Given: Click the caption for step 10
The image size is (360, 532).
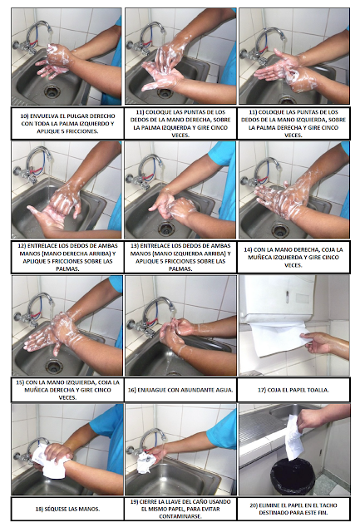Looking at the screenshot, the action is click(x=67, y=124).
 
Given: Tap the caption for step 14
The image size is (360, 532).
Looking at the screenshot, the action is click(x=293, y=258).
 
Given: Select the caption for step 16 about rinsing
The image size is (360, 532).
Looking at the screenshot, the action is click(x=180, y=390).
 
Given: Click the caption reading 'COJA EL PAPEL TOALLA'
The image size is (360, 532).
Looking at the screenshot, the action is click(x=293, y=390).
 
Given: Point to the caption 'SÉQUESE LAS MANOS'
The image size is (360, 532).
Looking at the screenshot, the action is click(x=67, y=509).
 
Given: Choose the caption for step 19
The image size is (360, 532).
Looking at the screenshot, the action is click(x=180, y=509).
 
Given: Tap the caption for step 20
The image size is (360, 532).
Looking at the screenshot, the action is click(x=293, y=509).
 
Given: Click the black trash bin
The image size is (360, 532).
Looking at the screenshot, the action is click(x=293, y=476).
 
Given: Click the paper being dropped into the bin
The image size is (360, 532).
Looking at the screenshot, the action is click(x=293, y=438).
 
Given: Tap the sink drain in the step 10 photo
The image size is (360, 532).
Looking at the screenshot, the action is click(x=52, y=91).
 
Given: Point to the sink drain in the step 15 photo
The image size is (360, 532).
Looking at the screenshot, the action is click(x=54, y=366).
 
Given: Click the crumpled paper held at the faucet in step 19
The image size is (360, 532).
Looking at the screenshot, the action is click(x=145, y=462).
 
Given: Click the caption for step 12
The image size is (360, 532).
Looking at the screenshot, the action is click(x=67, y=257).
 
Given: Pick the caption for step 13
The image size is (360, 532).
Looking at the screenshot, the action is click(x=180, y=257).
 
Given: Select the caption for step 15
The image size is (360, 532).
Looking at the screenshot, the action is click(x=67, y=390).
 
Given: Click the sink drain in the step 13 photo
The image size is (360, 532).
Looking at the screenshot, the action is click(x=167, y=229).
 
